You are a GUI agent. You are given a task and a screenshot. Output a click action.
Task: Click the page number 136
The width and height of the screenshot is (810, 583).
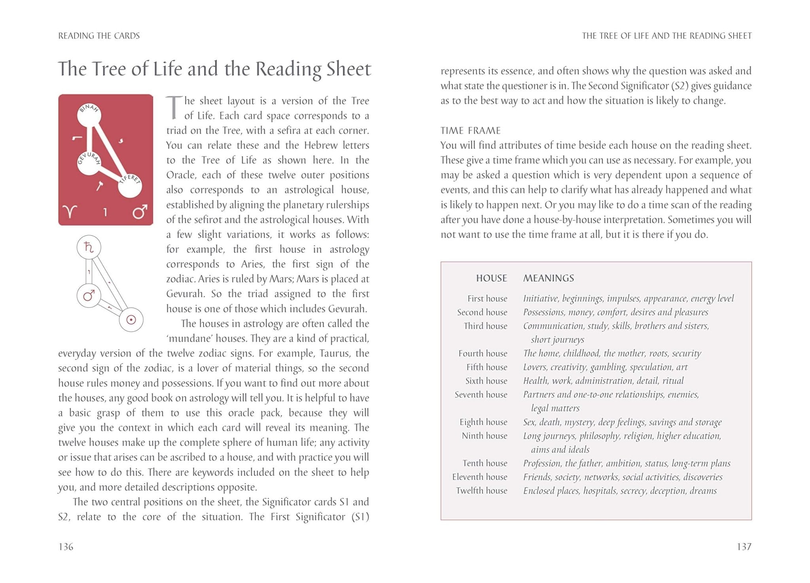coord(66,547)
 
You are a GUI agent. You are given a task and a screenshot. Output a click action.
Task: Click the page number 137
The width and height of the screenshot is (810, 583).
coord(744,547)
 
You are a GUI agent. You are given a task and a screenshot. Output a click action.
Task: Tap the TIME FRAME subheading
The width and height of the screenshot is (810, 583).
coord(470,131)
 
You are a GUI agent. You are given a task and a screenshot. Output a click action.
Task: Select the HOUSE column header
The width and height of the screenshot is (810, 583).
coord(491,278)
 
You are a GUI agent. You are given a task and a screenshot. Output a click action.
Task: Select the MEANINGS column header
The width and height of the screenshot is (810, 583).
coord(548,278)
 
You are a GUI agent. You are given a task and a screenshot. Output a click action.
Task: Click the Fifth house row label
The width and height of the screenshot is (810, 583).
coord(486,367)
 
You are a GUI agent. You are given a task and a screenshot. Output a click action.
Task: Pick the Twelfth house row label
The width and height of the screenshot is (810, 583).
coord(481,490)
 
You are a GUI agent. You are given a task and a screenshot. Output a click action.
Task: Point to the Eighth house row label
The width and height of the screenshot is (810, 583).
coord(483,422)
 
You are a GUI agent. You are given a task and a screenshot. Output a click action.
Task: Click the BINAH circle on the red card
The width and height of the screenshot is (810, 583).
coord(89,115)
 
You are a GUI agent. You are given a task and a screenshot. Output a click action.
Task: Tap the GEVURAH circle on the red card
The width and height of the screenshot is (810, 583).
coord(89,163)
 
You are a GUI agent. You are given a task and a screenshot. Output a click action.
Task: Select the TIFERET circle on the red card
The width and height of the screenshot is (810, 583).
coord(130,186)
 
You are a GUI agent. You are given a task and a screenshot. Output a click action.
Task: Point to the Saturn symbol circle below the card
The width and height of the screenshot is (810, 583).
coord(89,247)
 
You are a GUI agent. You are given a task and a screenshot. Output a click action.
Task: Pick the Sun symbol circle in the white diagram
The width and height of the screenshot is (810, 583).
coord(131,320)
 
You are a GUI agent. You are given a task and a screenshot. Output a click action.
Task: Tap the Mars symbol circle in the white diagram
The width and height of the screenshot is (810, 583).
coord(89,295)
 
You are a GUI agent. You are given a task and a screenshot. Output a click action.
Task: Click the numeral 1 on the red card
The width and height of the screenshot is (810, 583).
coord(105,212)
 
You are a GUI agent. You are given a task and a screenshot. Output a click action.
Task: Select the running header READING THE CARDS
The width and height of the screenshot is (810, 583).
coord(99,36)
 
